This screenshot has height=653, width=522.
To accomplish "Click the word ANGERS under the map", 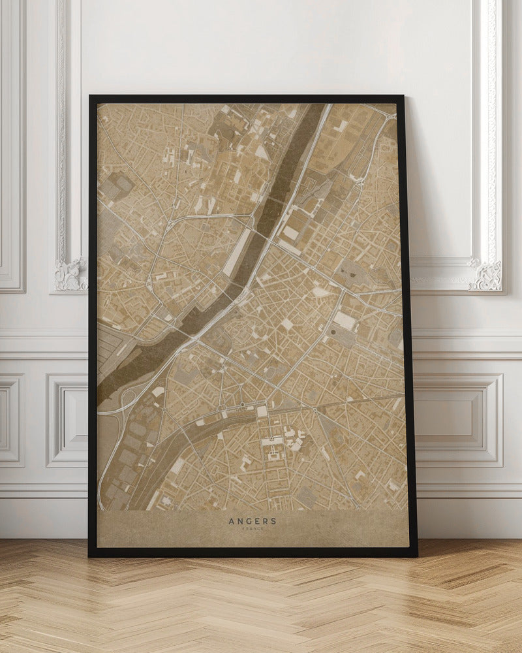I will (253, 521).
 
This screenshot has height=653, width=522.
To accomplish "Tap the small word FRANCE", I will (253, 529).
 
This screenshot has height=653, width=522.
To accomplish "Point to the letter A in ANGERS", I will (232, 521).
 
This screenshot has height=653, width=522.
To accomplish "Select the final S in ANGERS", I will (273, 521).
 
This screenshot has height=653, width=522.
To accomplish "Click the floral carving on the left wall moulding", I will (70, 274).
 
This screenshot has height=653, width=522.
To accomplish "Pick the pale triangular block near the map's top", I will (261, 151).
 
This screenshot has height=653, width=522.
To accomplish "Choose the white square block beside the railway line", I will (262, 411).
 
